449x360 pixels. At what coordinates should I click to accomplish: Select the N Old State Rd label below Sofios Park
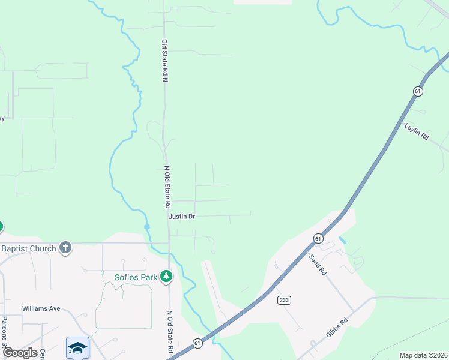[x=170, y=331]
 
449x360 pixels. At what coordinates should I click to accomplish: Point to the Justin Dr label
[x=182, y=216]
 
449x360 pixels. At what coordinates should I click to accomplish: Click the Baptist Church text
[x=28, y=248]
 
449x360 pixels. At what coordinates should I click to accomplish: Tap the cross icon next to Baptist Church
[x=65, y=248]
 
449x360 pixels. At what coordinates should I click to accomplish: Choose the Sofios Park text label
[x=136, y=277]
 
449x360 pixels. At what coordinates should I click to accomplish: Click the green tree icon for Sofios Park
[x=166, y=277]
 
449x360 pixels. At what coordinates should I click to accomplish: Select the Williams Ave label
[x=41, y=308]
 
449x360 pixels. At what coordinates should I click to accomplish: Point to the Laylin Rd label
[x=416, y=131]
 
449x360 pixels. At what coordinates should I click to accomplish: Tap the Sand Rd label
[x=318, y=265]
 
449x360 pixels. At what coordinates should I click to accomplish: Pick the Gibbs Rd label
[x=336, y=331]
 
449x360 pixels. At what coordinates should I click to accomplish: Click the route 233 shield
[x=284, y=299]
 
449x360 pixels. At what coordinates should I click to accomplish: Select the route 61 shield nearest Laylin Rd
[x=418, y=91]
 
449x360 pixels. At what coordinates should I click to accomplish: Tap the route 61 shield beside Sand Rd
[x=318, y=238]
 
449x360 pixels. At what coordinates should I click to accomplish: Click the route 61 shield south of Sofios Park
[x=197, y=343]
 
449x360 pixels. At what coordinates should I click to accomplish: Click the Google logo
[x=19, y=353]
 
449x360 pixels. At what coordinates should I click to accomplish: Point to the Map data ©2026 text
[x=423, y=355]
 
